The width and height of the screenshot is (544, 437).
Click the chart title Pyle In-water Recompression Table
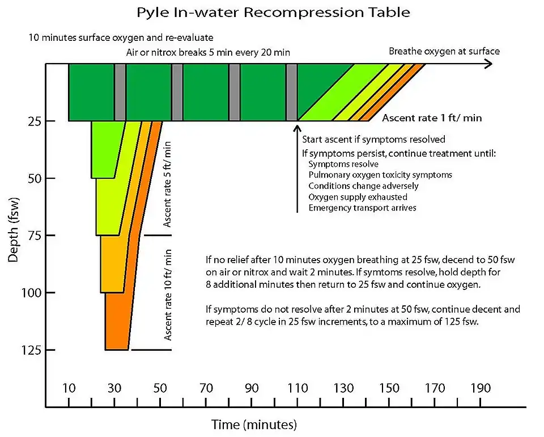point(274,11)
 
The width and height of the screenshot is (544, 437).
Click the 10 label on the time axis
point(69,388)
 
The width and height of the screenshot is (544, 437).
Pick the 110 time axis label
point(297,388)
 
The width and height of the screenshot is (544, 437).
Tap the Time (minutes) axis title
point(254,424)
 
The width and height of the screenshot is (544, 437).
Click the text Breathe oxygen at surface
point(444,51)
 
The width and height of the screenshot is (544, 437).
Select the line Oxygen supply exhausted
point(358,197)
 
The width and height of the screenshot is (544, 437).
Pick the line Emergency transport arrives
point(362,208)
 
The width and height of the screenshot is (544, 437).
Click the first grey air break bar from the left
point(120,92)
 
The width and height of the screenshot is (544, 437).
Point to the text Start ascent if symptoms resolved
point(373,139)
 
